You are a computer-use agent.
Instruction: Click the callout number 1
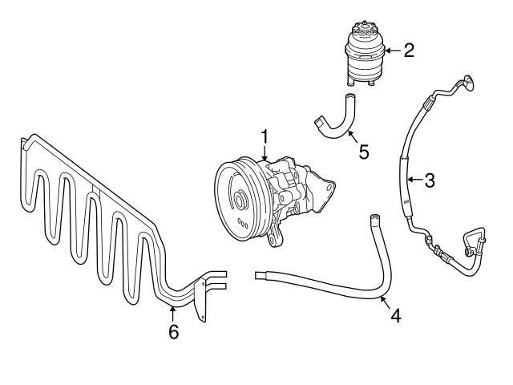click(264, 138)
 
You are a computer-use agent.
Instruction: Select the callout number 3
click(430, 180)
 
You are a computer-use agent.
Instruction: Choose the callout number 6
click(173, 331)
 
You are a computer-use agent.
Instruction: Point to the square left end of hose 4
click(260, 275)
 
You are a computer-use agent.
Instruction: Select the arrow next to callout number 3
click(414, 180)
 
